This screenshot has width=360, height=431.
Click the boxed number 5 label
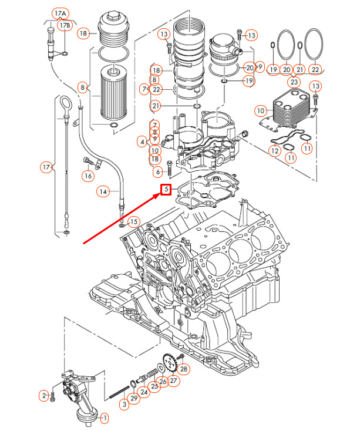[166, 190]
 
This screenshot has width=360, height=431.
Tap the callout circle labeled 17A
[60, 14]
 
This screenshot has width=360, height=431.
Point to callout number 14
[103, 191]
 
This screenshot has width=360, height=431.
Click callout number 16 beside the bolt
[88, 176]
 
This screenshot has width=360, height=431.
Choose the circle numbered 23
[294, 82]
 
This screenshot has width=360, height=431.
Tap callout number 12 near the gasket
[275, 151]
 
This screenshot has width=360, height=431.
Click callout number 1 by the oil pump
[105, 418]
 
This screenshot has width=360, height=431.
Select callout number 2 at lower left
[44, 396]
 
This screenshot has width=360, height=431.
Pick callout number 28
[184, 369]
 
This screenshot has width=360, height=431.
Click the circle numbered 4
[142, 142]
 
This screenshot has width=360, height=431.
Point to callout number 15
[133, 222]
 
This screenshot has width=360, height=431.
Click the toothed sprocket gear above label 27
[170, 363]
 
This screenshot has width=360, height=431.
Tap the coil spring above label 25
[153, 373]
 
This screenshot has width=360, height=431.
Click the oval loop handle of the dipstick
[65, 104]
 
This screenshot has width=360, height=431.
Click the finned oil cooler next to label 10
[291, 108]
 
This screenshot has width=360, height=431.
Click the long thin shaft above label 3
[119, 392]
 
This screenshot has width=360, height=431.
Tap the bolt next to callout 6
[170, 168]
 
